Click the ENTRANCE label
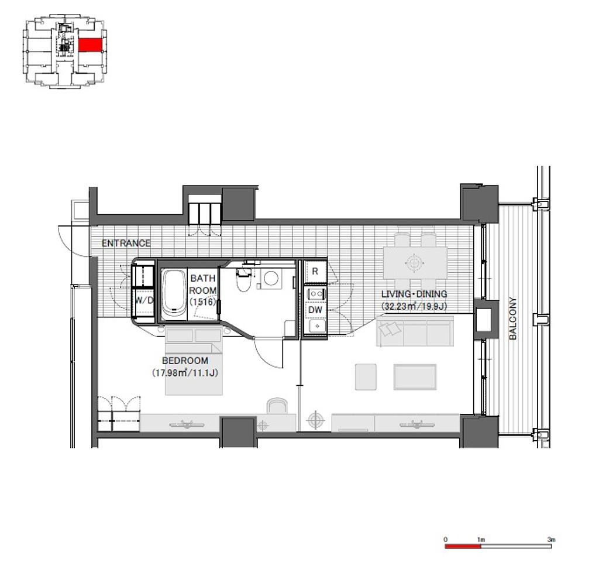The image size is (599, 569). click(x=126, y=243)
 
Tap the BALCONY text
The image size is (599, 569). click(x=512, y=318)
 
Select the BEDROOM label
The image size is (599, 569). click(x=185, y=361)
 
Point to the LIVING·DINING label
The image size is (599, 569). click(x=414, y=294)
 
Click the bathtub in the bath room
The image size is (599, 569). click(x=174, y=294)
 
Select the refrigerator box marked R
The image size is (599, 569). click(x=315, y=272)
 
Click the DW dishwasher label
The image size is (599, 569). click(x=315, y=310)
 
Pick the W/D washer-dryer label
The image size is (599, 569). click(x=144, y=300)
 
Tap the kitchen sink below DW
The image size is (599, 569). click(x=317, y=326)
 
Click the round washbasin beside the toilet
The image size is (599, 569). click(x=271, y=279)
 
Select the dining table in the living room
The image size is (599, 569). click(x=415, y=263)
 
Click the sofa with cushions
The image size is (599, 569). click(x=415, y=331)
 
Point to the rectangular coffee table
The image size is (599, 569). click(x=415, y=377)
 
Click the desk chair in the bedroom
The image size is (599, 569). click(x=277, y=406)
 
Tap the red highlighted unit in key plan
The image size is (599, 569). click(x=91, y=45)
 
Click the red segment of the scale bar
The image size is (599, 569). click(x=463, y=547)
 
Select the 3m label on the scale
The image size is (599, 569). click(x=551, y=540)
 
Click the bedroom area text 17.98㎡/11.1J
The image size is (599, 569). click(x=185, y=372)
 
